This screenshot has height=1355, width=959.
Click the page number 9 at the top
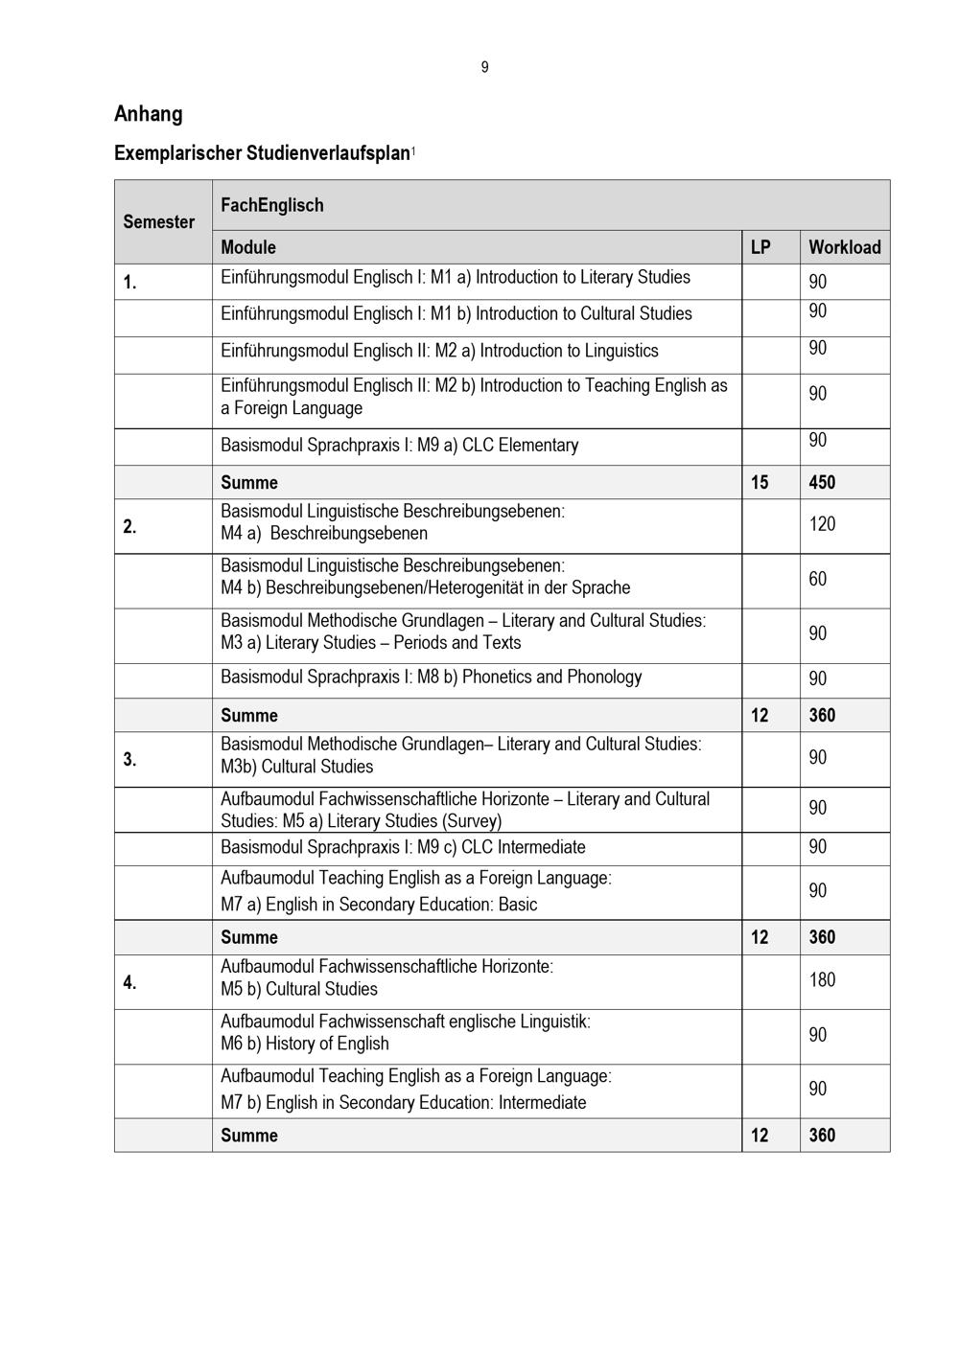point(484,67)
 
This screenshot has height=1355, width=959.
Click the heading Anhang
point(148,114)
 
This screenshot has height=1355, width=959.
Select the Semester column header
point(159,222)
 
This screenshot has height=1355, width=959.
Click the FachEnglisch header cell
point(272,205)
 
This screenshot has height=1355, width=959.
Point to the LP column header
point(760,247)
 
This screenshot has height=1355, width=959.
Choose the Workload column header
point(844,247)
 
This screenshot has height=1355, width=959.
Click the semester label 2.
point(129,526)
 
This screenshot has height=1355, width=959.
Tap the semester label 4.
point(129,982)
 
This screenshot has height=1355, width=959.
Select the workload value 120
point(822,524)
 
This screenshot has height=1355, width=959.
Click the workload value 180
point(822,980)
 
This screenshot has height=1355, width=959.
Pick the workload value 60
point(817,579)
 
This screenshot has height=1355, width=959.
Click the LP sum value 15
point(760,482)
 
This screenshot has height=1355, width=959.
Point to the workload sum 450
point(822,482)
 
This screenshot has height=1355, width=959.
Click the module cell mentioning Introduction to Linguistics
point(439,351)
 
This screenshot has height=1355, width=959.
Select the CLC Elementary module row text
point(399,446)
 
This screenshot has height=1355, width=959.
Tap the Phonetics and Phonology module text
point(431,677)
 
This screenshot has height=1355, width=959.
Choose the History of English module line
point(305,1044)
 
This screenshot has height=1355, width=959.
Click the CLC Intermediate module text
point(403,847)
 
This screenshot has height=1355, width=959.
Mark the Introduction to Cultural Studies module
point(456,314)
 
